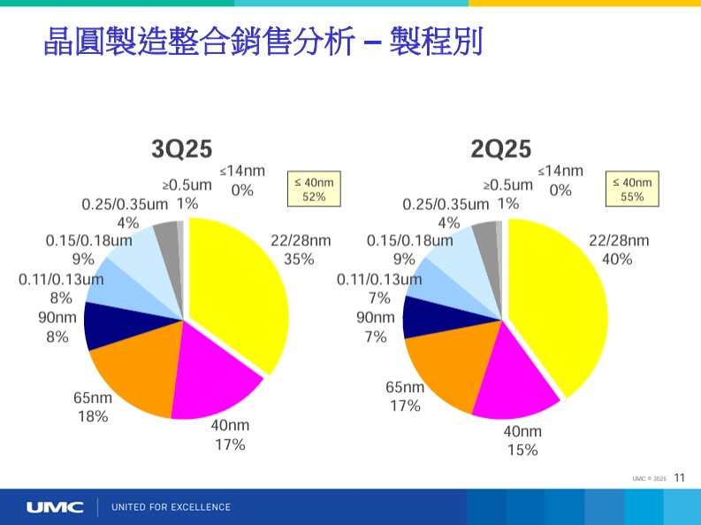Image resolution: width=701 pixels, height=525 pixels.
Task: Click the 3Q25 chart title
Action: coord(181,149)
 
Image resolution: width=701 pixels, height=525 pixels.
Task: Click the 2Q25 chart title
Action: coord(500,149)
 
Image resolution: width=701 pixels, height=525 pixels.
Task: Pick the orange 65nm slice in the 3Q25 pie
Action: coord(133,372)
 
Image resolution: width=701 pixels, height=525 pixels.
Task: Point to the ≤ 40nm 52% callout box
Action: coord(314,189)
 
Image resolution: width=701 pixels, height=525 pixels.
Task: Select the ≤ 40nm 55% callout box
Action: coord(632,189)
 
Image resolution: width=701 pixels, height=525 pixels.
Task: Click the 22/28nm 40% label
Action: coord(618,250)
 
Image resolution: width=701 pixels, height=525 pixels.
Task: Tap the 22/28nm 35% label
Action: coord(300,250)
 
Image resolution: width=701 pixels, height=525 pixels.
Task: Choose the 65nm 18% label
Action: coord(92,406)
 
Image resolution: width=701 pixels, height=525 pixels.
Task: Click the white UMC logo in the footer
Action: coord(55,507)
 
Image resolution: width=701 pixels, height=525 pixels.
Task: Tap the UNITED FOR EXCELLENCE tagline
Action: coord(171,507)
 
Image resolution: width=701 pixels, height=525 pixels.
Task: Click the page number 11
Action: coord(679,478)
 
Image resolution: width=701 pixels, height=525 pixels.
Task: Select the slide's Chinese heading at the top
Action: coord(263,41)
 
